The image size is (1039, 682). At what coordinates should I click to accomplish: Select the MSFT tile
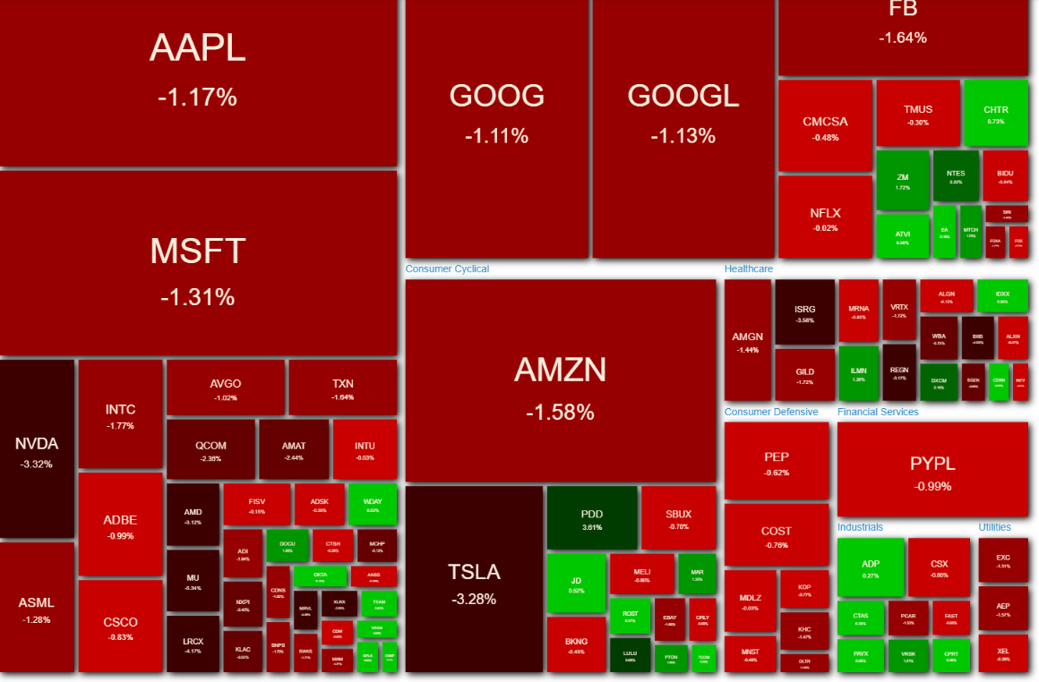pyautogui.click(x=198, y=264)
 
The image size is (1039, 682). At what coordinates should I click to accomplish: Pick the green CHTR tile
pyautogui.click(x=995, y=113)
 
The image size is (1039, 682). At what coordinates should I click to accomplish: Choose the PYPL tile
pyautogui.click(x=932, y=471)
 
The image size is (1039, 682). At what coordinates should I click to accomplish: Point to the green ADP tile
pyautogui.click(x=871, y=567)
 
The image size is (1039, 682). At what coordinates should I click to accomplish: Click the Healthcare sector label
pyautogui.click(x=749, y=269)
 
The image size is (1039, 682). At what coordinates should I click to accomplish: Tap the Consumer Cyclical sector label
pyautogui.click(x=447, y=269)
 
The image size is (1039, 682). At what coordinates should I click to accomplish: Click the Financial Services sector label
pyautogui.click(x=878, y=412)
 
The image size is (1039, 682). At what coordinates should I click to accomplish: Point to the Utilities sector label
pyautogui.click(x=994, y=527)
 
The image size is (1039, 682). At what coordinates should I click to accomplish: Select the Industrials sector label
pyautogui.click(x=860, y=527)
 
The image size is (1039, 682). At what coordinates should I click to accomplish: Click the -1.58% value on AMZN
pyautogui.click(x=560, y=413)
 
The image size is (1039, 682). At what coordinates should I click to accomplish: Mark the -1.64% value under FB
pyautogui.click(x=902, y=38)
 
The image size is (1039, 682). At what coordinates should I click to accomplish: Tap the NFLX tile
pyautogui.click(x=825, y=217)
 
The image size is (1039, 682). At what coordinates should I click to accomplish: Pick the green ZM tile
pyautogui.click(x=902, y=181)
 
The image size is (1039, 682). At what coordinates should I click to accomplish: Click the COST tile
pyautogui.click(x=777, y=534)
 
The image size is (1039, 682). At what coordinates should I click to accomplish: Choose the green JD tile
pyautogui.click(x=576, y=584)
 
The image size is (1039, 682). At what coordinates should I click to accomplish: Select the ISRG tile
pyautogui.click(x=804, y=312)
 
